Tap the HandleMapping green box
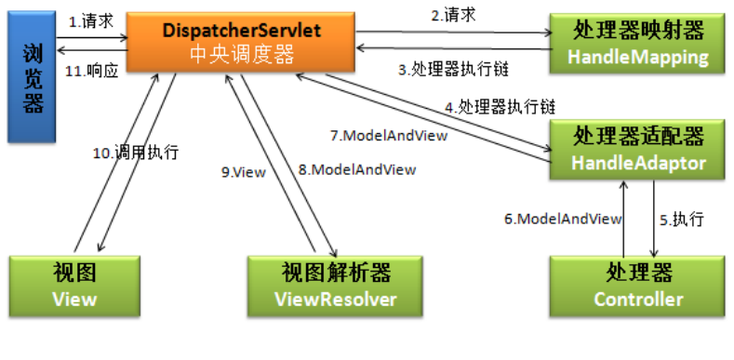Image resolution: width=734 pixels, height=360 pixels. (637, 44)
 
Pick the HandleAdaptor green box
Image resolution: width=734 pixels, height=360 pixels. (637, 151)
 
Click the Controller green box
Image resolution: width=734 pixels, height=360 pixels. (637, 286)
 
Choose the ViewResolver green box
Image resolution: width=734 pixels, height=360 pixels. (336, 286)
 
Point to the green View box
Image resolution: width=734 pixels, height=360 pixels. (74, 286)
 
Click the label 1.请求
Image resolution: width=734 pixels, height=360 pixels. (90, 20)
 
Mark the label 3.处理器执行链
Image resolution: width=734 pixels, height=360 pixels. (454, 69)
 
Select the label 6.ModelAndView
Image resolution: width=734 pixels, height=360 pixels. (562, 220)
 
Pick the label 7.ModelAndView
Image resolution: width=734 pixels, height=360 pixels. (388, 135)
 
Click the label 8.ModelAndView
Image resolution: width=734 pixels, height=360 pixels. (356, 170)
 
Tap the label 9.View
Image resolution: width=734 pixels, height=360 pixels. (244, 172)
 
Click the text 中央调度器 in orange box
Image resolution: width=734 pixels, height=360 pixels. (241, 56)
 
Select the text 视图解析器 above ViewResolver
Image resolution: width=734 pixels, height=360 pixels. (336, 273)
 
